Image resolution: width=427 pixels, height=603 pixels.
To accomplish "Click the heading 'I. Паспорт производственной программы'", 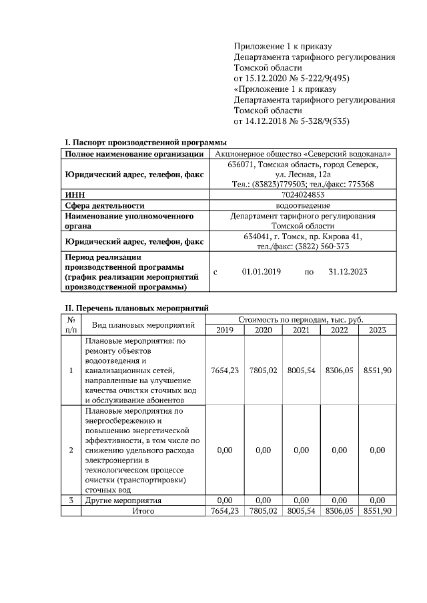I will [145, 142].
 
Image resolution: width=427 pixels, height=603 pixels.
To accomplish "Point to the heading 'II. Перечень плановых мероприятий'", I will [136, 308].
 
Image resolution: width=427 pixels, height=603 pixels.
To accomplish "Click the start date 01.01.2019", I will [262, 272].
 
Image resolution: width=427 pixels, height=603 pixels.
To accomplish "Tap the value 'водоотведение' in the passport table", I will [304, 206].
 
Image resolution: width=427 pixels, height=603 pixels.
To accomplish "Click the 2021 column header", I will [301, 330].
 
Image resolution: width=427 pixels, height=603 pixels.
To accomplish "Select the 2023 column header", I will [378, 330].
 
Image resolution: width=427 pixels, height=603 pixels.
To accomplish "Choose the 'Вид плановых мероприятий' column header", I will [143, 325].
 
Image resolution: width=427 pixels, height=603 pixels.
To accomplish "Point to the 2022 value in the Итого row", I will [339, 511].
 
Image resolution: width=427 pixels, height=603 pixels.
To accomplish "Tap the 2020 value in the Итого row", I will [263, 511].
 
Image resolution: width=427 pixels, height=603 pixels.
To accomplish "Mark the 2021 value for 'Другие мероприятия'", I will [301, 500].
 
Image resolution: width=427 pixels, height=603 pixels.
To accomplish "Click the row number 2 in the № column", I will [71, 451].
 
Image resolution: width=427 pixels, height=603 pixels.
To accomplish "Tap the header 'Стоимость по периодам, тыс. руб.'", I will [301, 320].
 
